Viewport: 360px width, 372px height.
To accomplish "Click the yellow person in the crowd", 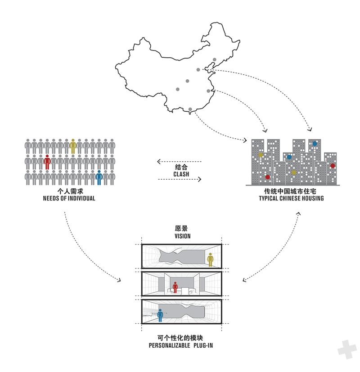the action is [x=73, y=146].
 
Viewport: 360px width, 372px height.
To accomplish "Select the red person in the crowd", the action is [x=47, y=162].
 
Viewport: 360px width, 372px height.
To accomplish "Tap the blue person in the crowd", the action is [x=99, y=178].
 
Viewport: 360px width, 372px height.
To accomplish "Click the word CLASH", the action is [x=181, y=174].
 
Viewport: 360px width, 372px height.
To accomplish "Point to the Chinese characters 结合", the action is [x=181, y=167].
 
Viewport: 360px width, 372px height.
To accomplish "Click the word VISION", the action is [x=183, y=236].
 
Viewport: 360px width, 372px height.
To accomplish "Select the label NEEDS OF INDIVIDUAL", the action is [x=69, y=198].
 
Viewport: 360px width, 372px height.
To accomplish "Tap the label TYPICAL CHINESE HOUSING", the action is [x=291, y=198].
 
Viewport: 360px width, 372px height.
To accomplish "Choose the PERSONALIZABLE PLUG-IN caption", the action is [x=181, y=345].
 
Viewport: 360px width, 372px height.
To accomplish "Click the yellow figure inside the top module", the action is [x=210, y=260].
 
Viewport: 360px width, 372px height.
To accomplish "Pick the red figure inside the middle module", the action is [x=175, y=287].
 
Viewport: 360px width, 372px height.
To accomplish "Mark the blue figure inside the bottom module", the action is [x=160, y=315].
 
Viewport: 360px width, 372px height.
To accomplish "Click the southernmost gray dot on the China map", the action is [x=190, y=109].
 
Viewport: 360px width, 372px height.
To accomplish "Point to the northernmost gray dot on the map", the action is [x=215, y=59].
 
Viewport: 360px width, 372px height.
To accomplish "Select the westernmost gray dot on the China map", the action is [x=177, y=89].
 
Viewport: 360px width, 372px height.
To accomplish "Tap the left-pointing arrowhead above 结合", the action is [x=159, y=162].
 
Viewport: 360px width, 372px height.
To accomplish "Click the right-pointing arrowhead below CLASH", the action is [x=199, y=179].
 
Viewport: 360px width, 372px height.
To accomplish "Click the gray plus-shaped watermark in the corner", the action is [x=347, y=349].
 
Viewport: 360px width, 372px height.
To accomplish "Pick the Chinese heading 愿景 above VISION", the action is [x=181, y=228].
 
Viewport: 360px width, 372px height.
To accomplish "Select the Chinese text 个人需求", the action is [x=70, y=191].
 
